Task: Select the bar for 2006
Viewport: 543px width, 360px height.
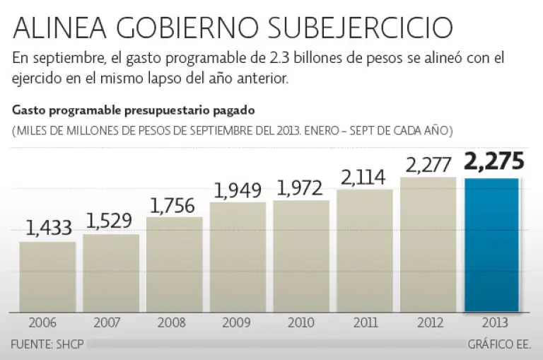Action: coord(47,277)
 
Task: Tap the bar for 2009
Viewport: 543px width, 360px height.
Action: coord(238,257)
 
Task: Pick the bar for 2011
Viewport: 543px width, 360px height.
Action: coord(364,250)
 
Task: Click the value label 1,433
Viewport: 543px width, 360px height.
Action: coord(49,228)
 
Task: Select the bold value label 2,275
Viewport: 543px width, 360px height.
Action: coord(494,162)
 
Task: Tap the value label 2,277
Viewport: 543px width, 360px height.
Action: coord(429,164)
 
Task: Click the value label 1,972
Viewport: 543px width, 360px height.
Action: coord(300,187)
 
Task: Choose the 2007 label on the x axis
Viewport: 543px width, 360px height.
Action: coord(111,323)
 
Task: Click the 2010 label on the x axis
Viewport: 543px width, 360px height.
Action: coord(300,323)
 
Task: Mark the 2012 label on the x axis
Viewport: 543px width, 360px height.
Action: coord(428,323)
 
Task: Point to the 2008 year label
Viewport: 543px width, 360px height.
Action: coord(174,323)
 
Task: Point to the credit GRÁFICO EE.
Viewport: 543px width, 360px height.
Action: coord(499,345)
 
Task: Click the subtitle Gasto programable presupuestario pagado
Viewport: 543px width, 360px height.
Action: coord(132,111)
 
